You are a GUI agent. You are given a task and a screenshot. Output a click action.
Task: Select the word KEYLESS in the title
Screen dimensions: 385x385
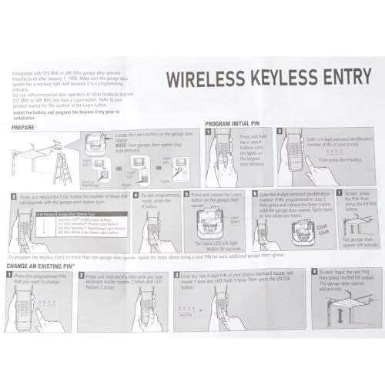click(x=278, y=79)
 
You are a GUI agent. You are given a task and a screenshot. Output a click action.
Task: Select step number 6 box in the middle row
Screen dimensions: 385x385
click(x=256, y=195)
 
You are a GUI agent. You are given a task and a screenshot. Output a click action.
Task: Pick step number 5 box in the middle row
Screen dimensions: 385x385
click(x=185, y=195)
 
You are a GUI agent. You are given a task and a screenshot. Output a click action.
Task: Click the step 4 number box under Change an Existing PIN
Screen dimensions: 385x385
click(x=314, y=272)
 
